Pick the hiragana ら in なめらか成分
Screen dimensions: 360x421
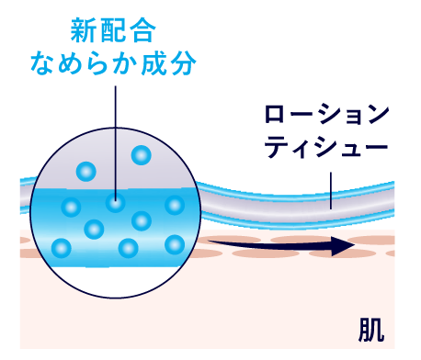(x=98, y=64)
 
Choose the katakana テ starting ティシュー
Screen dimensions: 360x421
(x=275, y=149)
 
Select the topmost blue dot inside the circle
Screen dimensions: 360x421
(x=141, y=155)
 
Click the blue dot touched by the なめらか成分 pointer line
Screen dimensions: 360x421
(x=115, y=203)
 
